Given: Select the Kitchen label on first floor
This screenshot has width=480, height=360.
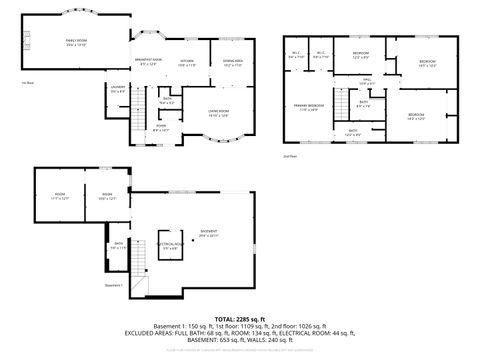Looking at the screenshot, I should pyautogui.click(x=186, y=63).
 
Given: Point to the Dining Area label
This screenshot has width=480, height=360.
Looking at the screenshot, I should pyautogui.click(x=234, y=63).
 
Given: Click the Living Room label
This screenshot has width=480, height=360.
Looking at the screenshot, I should pyautogui.click(x=218, y=112).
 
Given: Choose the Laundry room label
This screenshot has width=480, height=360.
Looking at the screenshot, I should pyautogui.click(x=118, y=91).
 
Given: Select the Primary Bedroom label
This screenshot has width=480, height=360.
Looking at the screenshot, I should pyautogui.click(x=308, y=106).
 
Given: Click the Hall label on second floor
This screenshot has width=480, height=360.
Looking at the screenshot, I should pyautogui.click(x=367, y=79).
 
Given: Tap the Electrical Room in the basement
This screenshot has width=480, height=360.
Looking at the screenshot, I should pyautogui.click(x=167, y=244).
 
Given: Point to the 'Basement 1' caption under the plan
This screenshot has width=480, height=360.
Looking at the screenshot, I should pyautogui.click(x=114, y=286).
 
